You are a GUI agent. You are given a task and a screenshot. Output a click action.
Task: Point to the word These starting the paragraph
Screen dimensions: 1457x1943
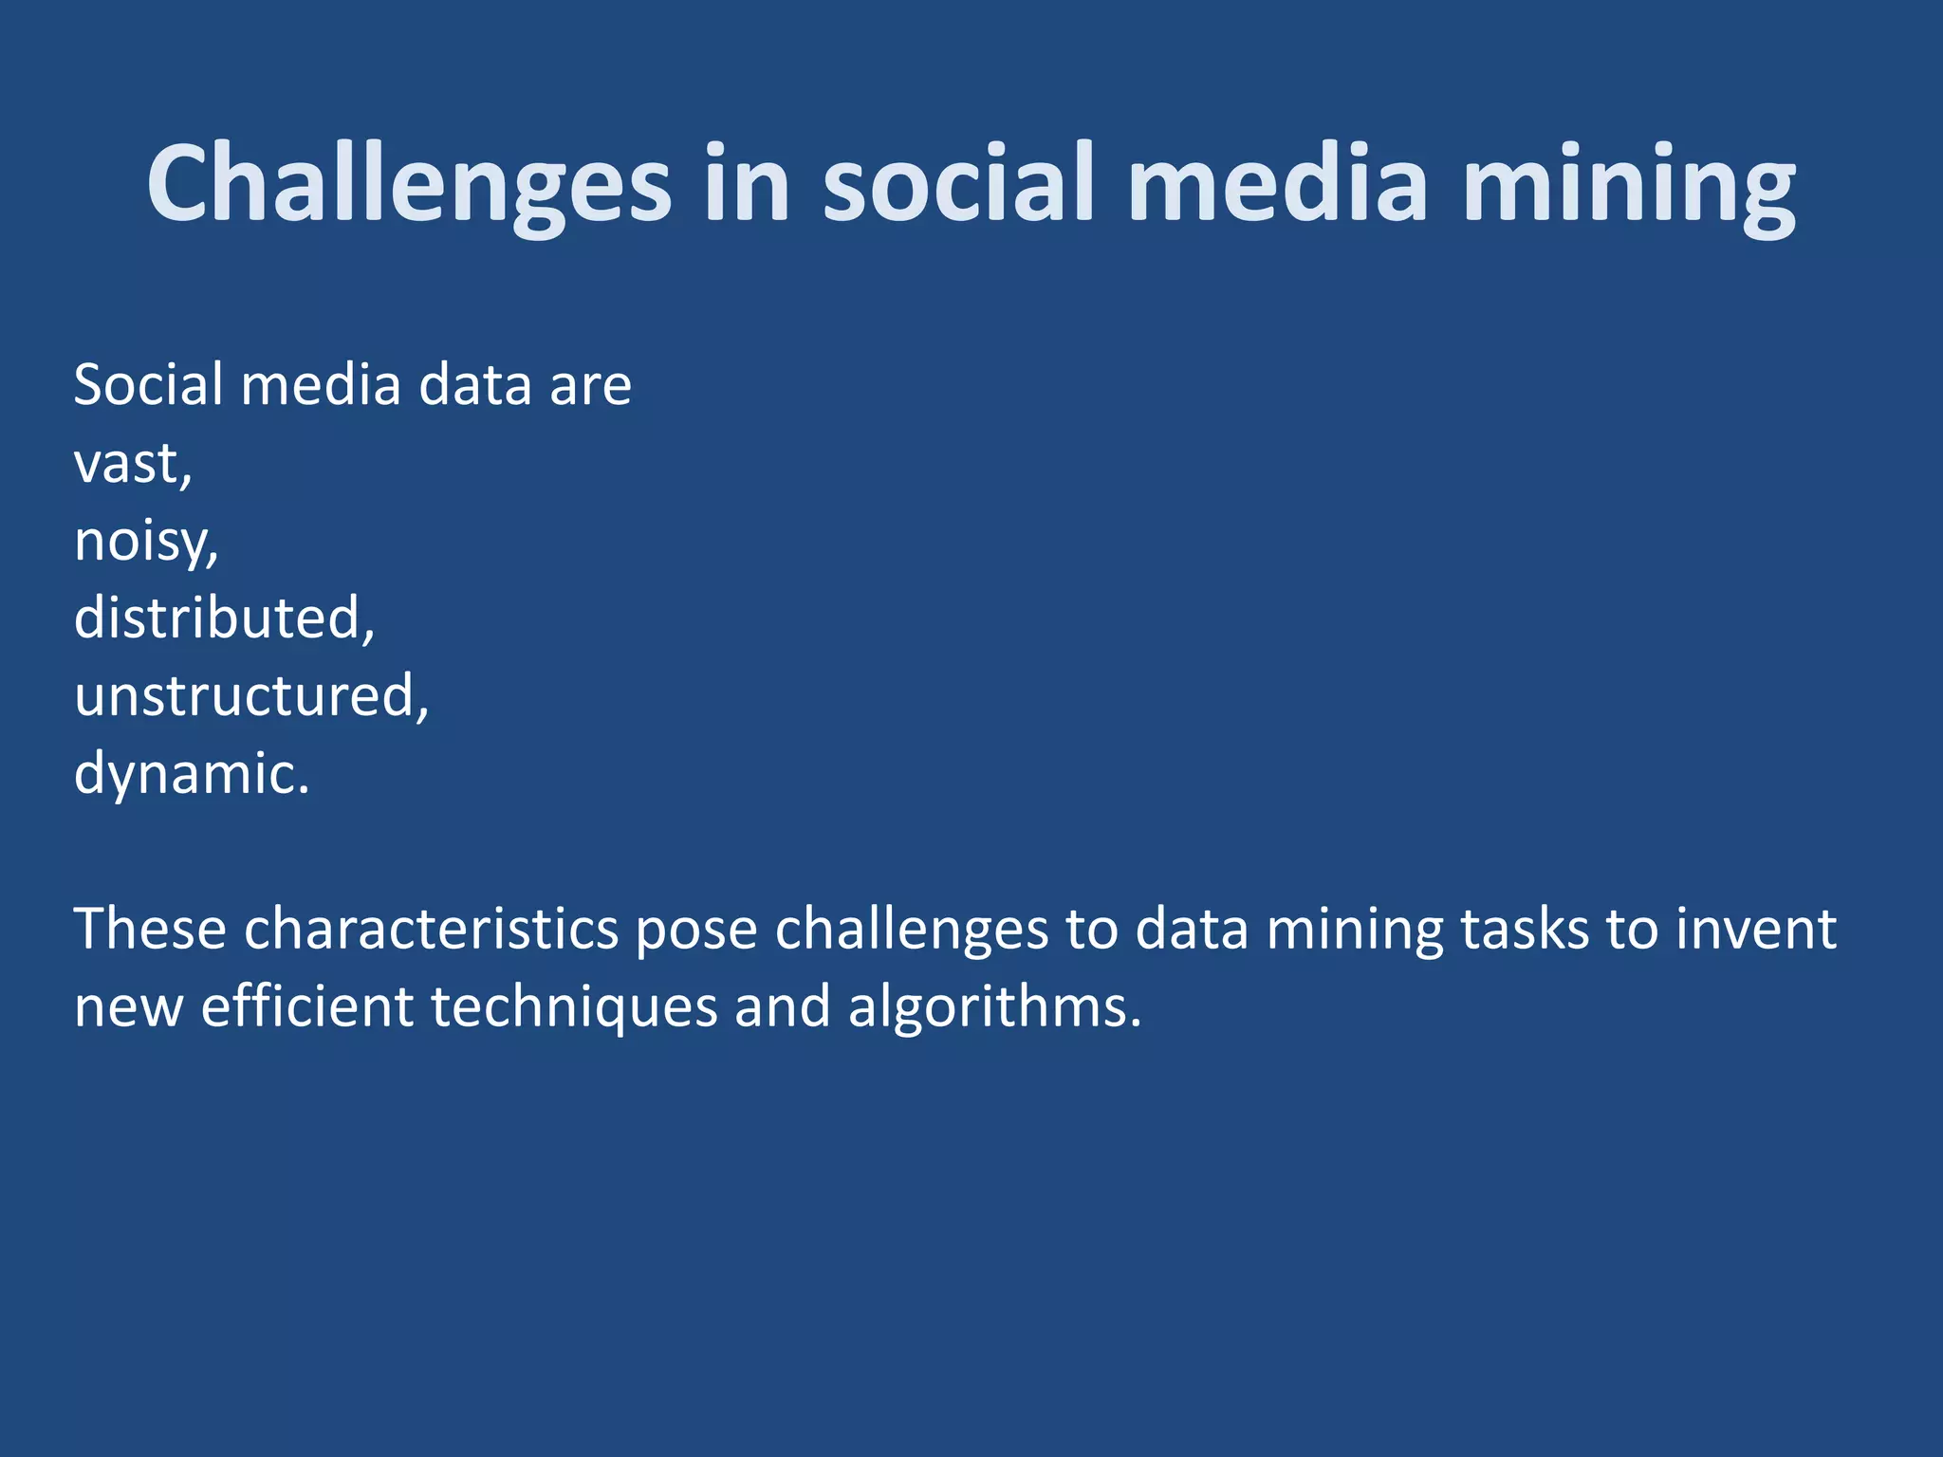[150, 929]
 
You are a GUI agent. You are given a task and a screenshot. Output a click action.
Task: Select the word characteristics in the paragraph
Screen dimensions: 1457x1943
[432, 929]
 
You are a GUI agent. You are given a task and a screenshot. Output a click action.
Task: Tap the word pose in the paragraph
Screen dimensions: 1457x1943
[695, 931]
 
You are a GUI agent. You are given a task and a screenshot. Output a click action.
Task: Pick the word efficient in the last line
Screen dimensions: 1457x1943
[306, 1006]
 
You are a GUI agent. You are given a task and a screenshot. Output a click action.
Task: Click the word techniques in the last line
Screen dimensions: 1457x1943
[574, 1006]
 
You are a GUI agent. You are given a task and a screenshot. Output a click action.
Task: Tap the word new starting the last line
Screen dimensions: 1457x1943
[128, 1008]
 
